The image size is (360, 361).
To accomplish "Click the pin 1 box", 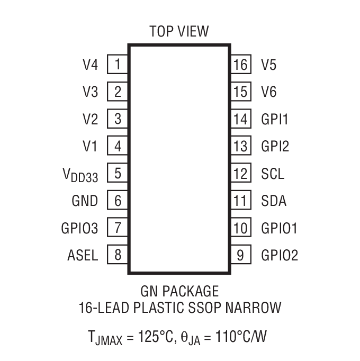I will (118, 65).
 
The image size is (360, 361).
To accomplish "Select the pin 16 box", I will (240, 65).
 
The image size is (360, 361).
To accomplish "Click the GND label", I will (85, 201).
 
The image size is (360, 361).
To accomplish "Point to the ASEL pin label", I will (83, 256).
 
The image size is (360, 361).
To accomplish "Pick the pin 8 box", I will (118, 256).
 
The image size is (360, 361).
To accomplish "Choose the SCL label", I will (273, 174).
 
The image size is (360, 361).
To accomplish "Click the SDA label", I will (274, 201).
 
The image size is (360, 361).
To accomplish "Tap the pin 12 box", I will (240, 174).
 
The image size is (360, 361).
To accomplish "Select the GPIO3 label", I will (79, 229).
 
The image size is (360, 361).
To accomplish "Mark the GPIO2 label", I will (280, 256).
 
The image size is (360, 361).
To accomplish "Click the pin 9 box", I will (240, 256).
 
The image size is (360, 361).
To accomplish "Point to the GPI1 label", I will (275, 120).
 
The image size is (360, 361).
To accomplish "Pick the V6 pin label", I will (269, 92).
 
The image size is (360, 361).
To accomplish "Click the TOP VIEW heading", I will (179, 31).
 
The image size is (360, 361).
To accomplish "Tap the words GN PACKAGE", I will (179, 291).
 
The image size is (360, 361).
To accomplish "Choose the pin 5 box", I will (118, 174).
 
